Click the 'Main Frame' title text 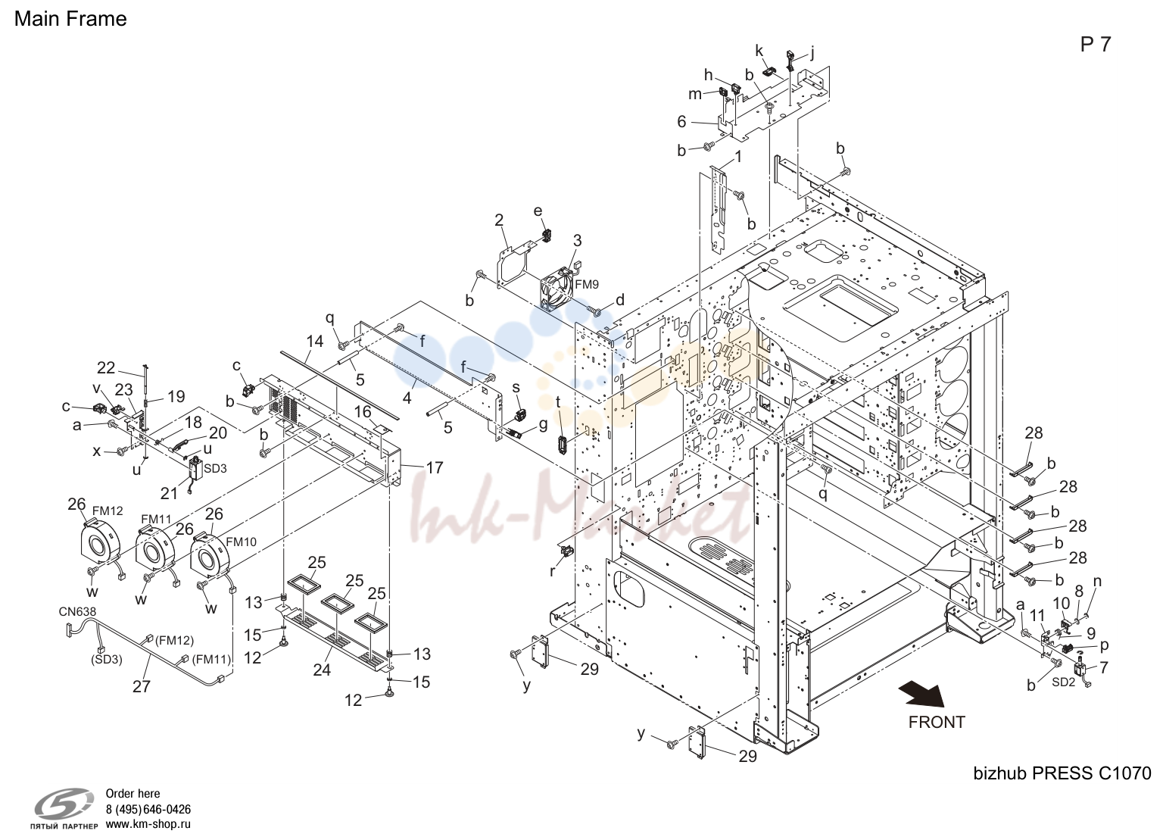[x=70, y=19]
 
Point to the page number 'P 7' [x=1095, y=45]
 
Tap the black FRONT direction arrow [x=922, y=695]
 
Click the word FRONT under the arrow [x=937, y=723]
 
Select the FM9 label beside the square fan [x=587, y=284]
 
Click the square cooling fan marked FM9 [x=556, y=289]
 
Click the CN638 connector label [x=77, y=611]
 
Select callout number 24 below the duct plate [x=322, y=670]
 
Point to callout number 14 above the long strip [x=315, y=341]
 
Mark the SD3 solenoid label [x=215, y=468]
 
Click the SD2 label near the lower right [x=1063, y=682]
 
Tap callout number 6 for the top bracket [x=682, y=122]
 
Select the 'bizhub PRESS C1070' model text [x=1062, y=773]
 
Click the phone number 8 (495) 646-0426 [x=148, y=810]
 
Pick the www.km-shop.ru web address [x=148, y=824]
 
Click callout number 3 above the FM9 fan [x=577, y=241]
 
